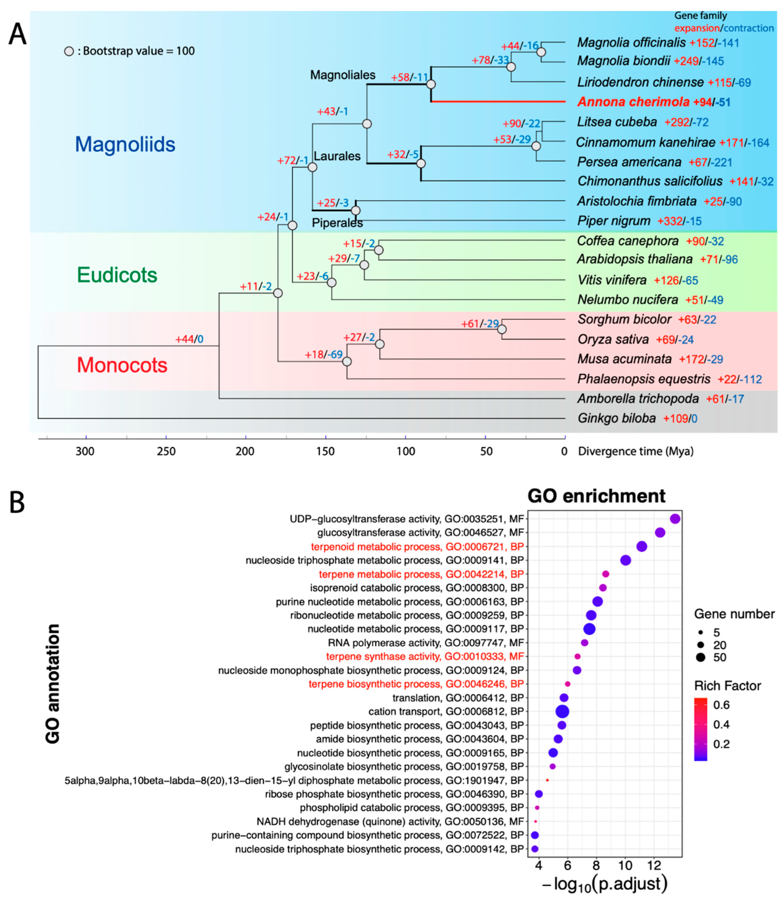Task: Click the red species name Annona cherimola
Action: click(633, 102)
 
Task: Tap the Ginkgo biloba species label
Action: click(616, 418)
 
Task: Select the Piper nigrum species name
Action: click(613, 221)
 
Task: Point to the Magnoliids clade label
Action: click(125, 144)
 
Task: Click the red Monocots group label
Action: click(122, 365)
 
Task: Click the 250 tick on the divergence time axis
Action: click(166, 451)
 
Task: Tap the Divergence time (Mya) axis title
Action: click(636, 451)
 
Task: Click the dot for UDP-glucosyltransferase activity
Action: click(675, 519)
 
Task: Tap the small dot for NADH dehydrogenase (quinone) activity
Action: click(536, 821)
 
